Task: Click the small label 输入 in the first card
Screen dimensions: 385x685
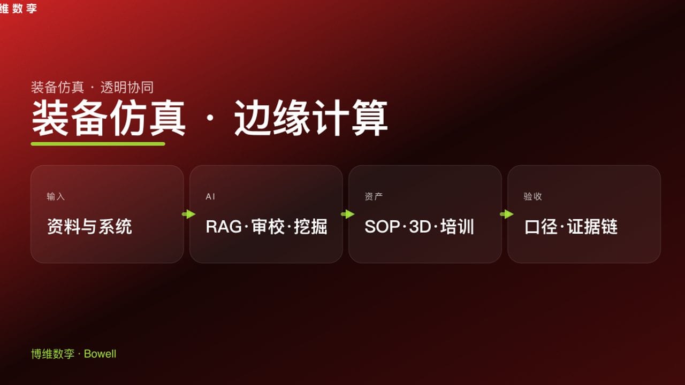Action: tap(56, 197)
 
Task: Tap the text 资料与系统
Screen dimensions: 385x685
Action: tap(89, 227)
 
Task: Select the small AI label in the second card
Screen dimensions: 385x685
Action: tap(210, 197)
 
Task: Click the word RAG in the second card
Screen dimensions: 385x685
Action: tap(223, 227)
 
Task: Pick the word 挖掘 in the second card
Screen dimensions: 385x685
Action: tap(310, 227)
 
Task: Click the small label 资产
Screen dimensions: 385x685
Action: tap(374, 197)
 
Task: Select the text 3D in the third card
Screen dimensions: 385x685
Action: tap(420, 227)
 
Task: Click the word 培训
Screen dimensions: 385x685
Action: tap(458, 227)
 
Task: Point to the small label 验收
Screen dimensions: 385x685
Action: tap(532, 197)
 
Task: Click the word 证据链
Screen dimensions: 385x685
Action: tap(592, 227)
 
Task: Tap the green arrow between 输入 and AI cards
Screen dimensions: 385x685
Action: tap(188, 214)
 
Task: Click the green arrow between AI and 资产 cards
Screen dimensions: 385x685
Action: tap(347, 214)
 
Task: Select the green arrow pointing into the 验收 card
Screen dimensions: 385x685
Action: tap(506, 214)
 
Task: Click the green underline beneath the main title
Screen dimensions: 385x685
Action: tap(98, 144)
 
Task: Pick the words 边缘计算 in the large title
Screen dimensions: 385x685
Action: tap(311, 118)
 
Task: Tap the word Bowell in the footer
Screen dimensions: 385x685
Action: tap(100, 354)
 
